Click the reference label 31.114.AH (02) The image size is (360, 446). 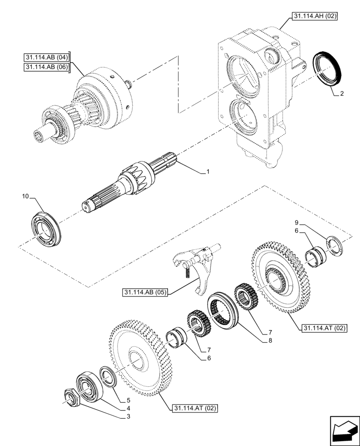314,17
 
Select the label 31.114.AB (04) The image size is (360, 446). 46,57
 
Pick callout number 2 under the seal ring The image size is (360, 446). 341,94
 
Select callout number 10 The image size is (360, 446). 26,196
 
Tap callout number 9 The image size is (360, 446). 295,223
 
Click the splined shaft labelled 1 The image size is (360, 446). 129,181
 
